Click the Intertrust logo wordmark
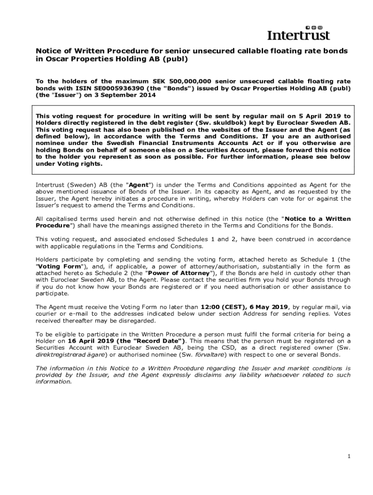coord(299,35)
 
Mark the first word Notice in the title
coord(48,51)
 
